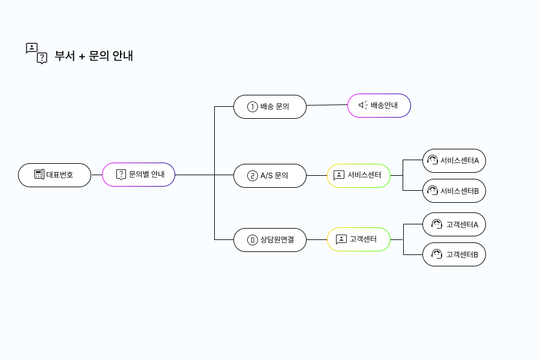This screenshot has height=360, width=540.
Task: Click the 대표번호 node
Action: click(x=55, y=175)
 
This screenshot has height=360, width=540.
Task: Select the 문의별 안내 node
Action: click(x=139, y=175)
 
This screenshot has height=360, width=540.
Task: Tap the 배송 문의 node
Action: click(x=270, y=107)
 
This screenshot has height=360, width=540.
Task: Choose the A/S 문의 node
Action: click(x=270, y=176)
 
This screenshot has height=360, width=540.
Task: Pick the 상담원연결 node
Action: click(x=270, y=239)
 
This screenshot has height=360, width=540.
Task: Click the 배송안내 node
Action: click(x=379, y=106)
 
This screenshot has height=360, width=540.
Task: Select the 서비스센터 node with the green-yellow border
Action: click(x=359, y=176)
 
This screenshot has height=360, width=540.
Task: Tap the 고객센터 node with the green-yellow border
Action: click(x=359, y=239)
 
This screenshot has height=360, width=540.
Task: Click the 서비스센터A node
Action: click(x=454, y=161)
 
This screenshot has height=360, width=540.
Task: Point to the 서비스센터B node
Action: click(x=454, y=191)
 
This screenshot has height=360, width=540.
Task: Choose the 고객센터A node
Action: click(x=454, y=224)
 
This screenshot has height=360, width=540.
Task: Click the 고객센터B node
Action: click(x=454, y=254)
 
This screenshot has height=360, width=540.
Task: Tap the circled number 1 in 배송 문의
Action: click(x=253, y=107)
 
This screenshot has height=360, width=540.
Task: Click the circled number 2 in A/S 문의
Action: click(x=253, y=176)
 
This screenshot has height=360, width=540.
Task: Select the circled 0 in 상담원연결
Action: click(x=253, y=239)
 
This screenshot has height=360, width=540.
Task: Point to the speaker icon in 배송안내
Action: click(x=363, y=106)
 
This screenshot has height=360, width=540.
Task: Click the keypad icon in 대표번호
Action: click(x=39, y=175)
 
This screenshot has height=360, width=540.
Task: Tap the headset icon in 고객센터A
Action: click(x=437, y=224)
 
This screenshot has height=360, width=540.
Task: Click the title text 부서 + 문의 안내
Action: click(x=94, y=56)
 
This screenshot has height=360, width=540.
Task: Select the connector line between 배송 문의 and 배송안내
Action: click(x=327, y=106)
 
